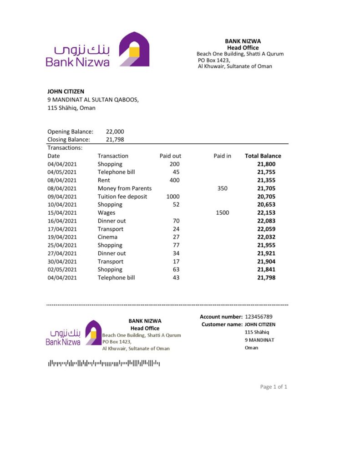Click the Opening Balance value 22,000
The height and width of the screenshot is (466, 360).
[115, 132]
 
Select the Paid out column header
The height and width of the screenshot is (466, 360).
[170, 156]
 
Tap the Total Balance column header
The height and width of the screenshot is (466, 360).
[263, 156]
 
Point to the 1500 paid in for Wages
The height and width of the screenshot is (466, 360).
[222, 213]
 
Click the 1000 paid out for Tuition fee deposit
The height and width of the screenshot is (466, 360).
[172, 197]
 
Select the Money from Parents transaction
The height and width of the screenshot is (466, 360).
[124, 188]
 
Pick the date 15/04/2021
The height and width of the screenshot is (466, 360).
[62, 213]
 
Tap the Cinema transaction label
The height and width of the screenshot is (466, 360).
[107, 237]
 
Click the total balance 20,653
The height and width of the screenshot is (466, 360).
[266, 205]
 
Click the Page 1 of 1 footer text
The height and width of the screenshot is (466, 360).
[274, 387]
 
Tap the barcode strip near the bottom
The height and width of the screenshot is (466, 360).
[104, 363]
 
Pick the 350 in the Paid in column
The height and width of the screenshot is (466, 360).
[222, 188]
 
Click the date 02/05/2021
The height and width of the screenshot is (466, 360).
[62, 269]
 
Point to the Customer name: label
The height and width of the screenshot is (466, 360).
[222, 324]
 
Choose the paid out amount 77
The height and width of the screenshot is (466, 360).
[176, 245]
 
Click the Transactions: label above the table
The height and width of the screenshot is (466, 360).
[65, 148]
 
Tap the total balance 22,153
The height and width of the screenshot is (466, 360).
[266, 213]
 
